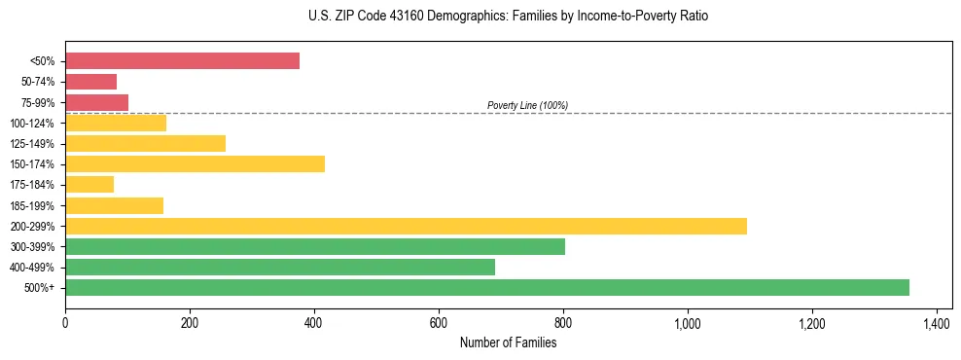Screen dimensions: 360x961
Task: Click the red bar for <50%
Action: pos(182,61)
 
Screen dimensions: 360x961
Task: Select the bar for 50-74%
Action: pos(90,82)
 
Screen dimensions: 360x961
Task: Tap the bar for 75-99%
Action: pos(96,102)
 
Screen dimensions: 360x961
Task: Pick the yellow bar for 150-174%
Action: pos(195,163)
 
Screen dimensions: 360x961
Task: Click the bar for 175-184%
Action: pos(89,184)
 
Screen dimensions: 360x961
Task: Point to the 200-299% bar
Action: pos(406,226)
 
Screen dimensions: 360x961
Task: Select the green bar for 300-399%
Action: pos(315,246)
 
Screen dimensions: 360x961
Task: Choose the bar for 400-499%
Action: pos(280,267)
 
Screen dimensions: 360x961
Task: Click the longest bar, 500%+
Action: pos(487,287)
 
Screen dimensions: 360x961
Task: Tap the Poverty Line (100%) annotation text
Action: pos(527,105)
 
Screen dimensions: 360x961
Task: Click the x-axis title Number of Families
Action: pos(508,342)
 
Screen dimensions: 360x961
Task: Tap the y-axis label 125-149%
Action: pos(32,144)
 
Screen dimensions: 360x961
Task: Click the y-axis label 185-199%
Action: pos(32,205)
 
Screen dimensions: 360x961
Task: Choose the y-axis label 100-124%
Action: pos(32,124)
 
